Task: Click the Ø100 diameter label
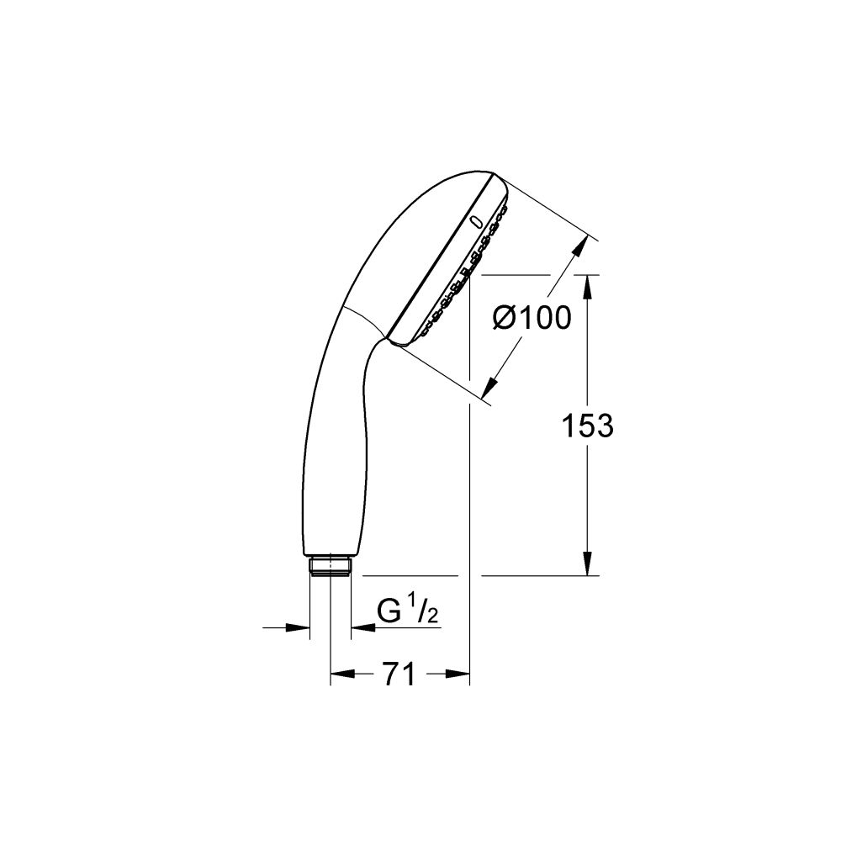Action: coord(531,319)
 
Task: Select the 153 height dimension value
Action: coord(588,426)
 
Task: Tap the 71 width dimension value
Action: coord(399,674)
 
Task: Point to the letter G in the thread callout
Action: coord(389,611)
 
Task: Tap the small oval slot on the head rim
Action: coord(477,223)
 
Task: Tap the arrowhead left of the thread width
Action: coord(299,627)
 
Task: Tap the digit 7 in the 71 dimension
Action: coord(389,674)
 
